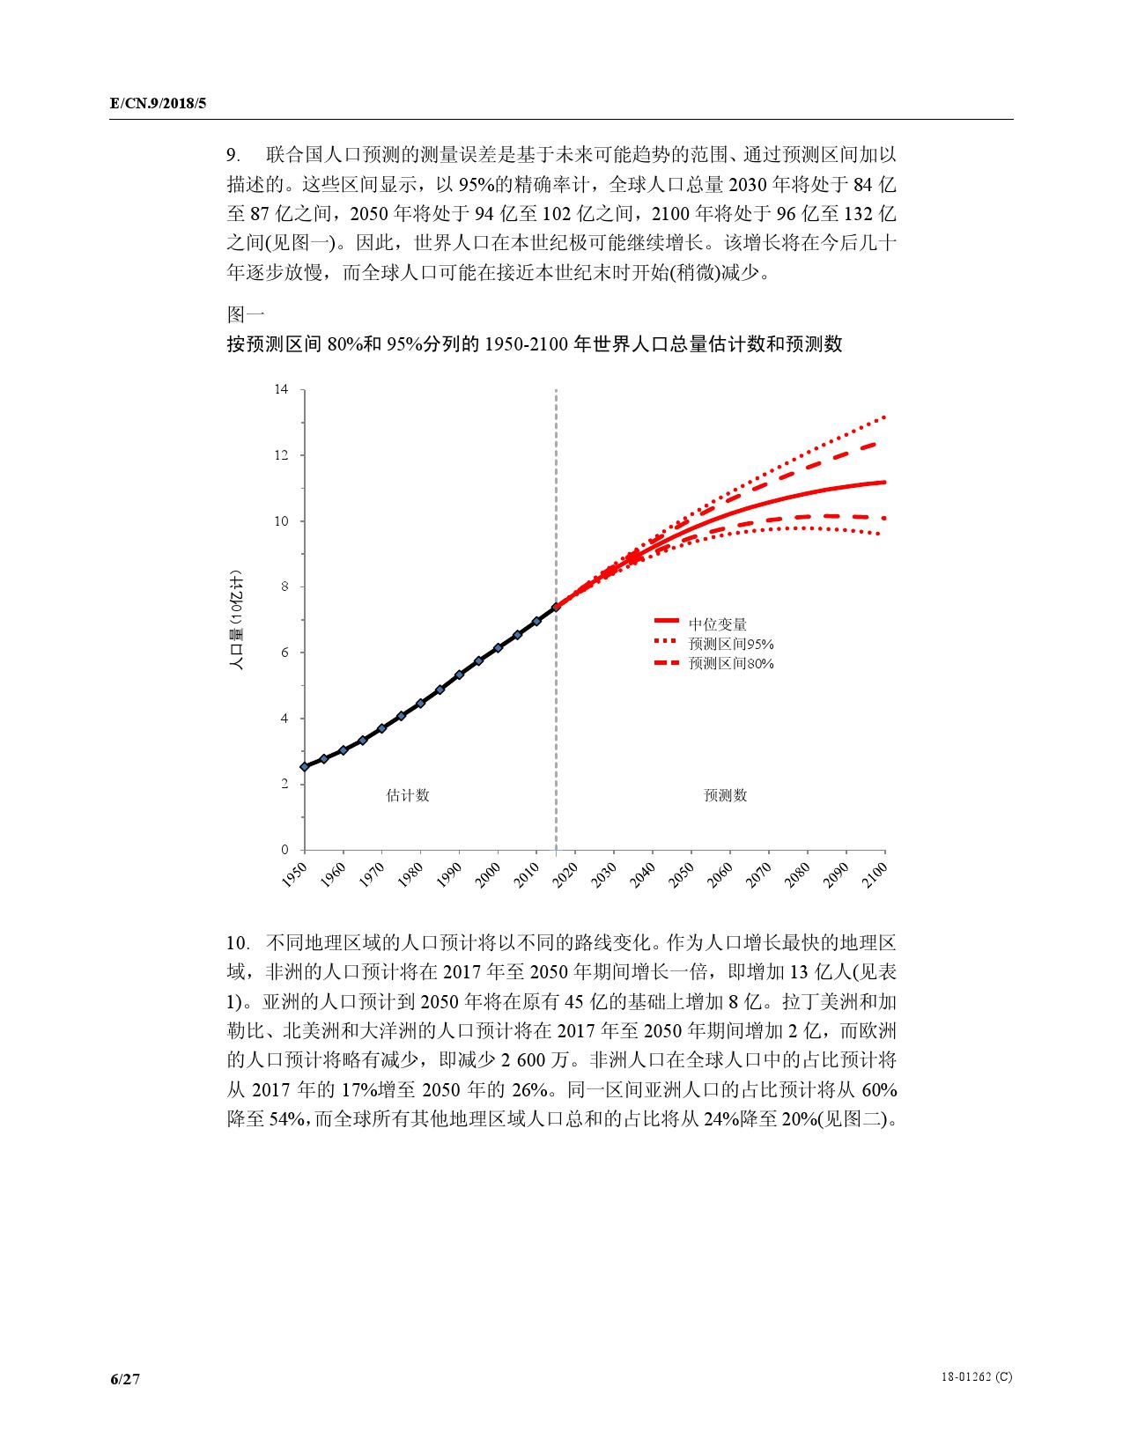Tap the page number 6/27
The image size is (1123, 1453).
pos(125,1379)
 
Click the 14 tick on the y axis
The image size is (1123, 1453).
pos(282,389)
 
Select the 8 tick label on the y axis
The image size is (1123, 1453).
pos(284,586)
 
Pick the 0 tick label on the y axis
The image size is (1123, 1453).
pos(284,850)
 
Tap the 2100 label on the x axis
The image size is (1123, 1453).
pos(875,874)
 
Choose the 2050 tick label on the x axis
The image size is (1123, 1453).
pos(682,874)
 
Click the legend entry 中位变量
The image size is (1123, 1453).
pos(718,624)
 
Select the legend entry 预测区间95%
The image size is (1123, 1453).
pos(731,644)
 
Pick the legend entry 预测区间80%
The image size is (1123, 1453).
pos(731,663)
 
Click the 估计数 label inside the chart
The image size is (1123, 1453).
pos(408,795)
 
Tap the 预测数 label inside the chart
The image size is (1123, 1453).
pos(725,795)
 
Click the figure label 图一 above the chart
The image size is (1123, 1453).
pos(246,314)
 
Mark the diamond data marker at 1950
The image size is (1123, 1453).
pos(305,767)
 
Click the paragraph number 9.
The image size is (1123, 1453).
pos(233,156)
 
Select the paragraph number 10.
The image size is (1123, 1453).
pos(237,943)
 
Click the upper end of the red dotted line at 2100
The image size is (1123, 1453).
pos(883,417)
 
